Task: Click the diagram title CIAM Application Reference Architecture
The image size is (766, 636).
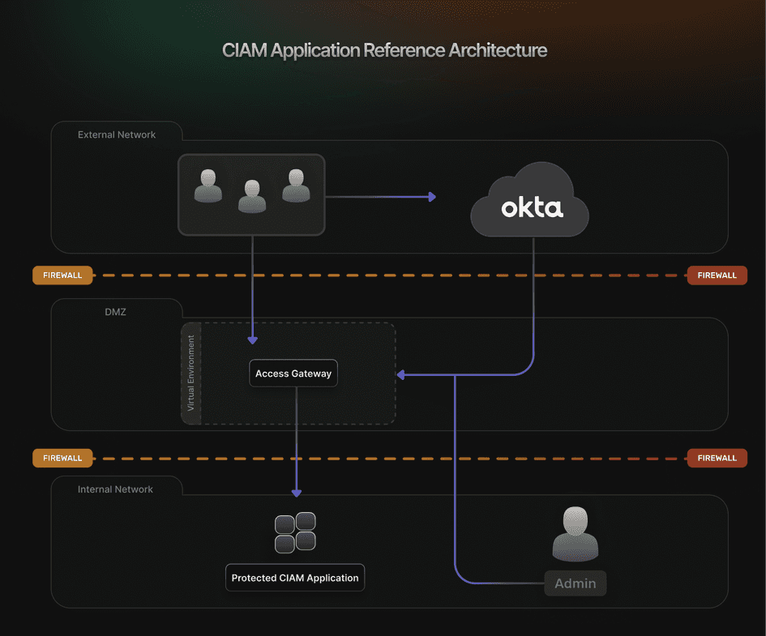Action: pos(384,50)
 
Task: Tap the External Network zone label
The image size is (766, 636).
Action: pos(117,134)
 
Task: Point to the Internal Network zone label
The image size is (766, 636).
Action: pos(115,489)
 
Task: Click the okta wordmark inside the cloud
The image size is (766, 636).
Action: pos(532,207)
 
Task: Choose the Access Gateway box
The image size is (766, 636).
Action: pos(293,373)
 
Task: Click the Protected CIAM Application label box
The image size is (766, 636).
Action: pos(295,578)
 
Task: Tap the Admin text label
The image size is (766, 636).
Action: pos(575,583)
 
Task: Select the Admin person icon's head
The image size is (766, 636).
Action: pos(576,520)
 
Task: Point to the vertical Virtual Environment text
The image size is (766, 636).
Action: pos(191,373)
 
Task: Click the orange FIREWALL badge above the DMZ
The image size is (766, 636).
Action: pos(62,275)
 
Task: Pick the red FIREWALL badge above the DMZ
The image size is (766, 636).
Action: pos(717,275)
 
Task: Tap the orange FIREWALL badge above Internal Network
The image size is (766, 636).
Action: pos(62,458)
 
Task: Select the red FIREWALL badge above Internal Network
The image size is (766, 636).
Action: pos(717,458)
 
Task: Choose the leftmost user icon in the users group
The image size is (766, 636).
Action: pos(208,186)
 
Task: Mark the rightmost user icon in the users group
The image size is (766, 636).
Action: pos(296,186)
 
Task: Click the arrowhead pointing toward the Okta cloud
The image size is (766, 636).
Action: pos(432,197)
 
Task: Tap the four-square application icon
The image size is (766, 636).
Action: pos(295,532)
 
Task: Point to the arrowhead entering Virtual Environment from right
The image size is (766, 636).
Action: pos(401,374)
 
